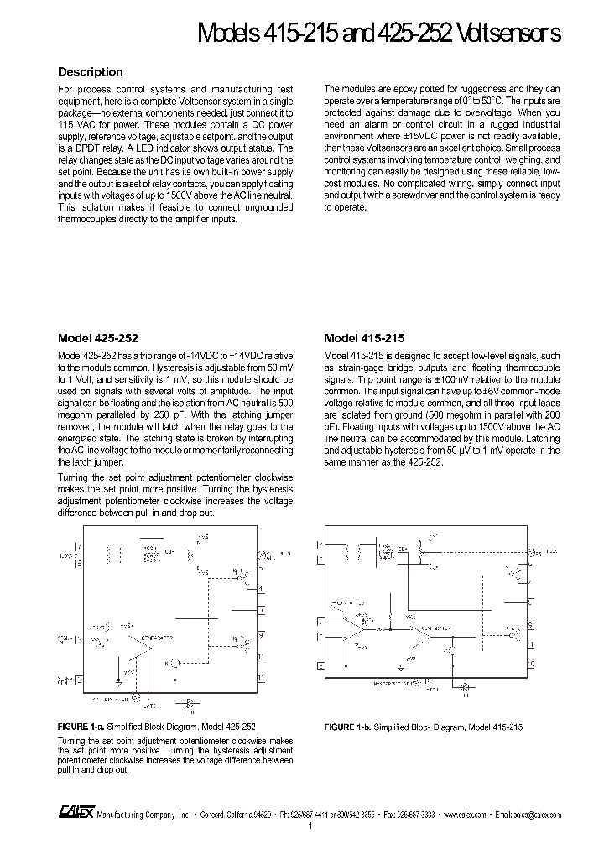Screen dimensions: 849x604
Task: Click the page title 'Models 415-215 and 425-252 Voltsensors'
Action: (376, 34)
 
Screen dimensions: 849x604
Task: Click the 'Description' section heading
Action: (90, 72)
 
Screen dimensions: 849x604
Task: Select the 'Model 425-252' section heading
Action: (96, 339)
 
